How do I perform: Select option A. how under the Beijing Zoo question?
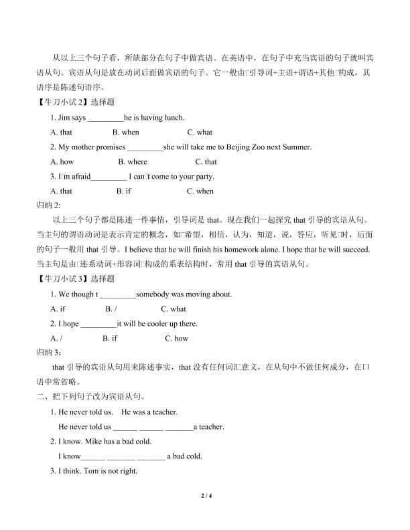(x=62, y=162)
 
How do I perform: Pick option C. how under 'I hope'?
(x=177, y=339)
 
